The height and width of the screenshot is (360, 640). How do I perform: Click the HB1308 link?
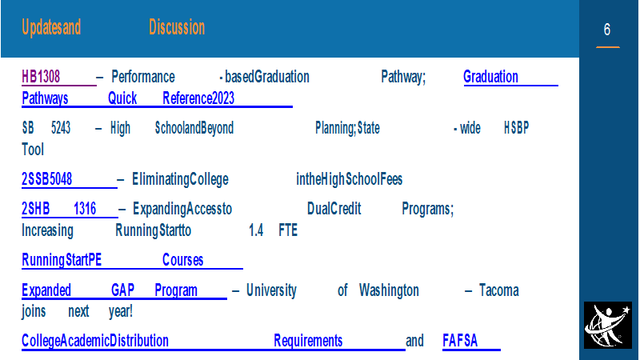pyautogui.click(x=41, y=77)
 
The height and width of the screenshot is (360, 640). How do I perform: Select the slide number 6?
pyautogui.click(x=607, y=30)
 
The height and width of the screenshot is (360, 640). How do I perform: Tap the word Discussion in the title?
pyautogui.click(x=177, y=27)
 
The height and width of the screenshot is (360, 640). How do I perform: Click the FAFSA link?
pyautogui.click(x=460, y=341)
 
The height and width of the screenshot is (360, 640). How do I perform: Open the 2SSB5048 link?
pyautogui.click(x=46, y=179)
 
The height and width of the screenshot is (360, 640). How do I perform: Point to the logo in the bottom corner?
pyautogui.click(x=608, y=326)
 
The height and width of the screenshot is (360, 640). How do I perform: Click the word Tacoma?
pyautogui.click(x=498, y=290)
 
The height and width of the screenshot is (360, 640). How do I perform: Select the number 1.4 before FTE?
pyautogui.click(x=256, y=230)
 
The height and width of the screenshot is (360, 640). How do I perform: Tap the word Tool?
pyautogui.click(x=33, y=150)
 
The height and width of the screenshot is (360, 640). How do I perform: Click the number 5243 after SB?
pyautogui.click(x=61, y=128)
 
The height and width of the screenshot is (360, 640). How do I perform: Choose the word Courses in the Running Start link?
pyautogui.click(x=183, y=260)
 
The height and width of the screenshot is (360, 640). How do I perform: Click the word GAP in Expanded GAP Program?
pyautogui.click(x=122, y=290)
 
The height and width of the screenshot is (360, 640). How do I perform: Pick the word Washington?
pyautogui.click(x=389, y=290)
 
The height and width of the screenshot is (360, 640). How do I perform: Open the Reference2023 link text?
pyautogui.click(x=198, y=98)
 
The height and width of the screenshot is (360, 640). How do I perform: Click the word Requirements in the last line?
pyautogui.click(x=308, y=341)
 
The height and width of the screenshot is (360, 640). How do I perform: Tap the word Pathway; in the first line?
pyautogui.click(x=403, y=77)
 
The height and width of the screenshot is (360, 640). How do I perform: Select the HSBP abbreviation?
pyautogui.click(x=516, y=128)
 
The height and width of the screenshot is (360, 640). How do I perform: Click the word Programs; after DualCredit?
pyautogui.click(x=428, y=209)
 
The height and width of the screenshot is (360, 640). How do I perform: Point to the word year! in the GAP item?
pyautogui.click(x=121, y=311)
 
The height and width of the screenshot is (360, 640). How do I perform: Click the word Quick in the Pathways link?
pyautogui.click(x=122, y=98)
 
